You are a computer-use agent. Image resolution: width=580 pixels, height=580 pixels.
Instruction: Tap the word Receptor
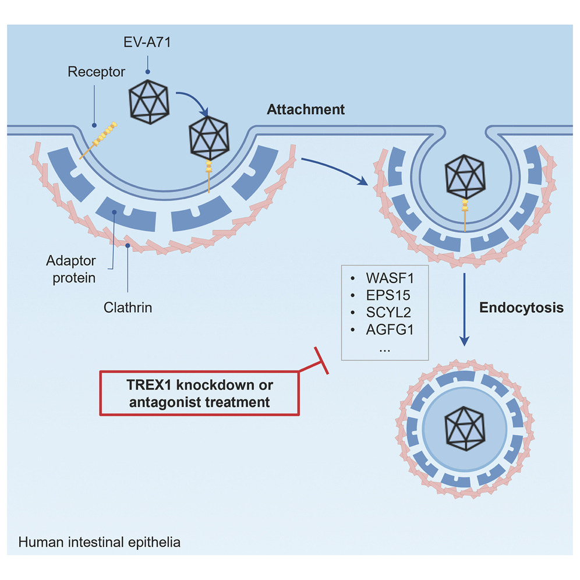[x=96, y=72]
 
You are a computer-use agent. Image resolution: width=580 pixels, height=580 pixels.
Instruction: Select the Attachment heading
[x=306, y=109]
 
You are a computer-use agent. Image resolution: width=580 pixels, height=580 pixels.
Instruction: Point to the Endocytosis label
[x=521, y=308]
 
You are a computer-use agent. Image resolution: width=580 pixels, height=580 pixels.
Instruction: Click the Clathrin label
[x=127, y=307]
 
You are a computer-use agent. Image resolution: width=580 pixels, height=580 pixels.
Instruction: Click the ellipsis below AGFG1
[x=384, y=349]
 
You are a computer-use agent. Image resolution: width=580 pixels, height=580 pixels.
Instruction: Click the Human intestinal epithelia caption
[x=99, y=542]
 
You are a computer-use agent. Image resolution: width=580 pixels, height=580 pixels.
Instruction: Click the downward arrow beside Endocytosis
[x=465, y=309]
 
